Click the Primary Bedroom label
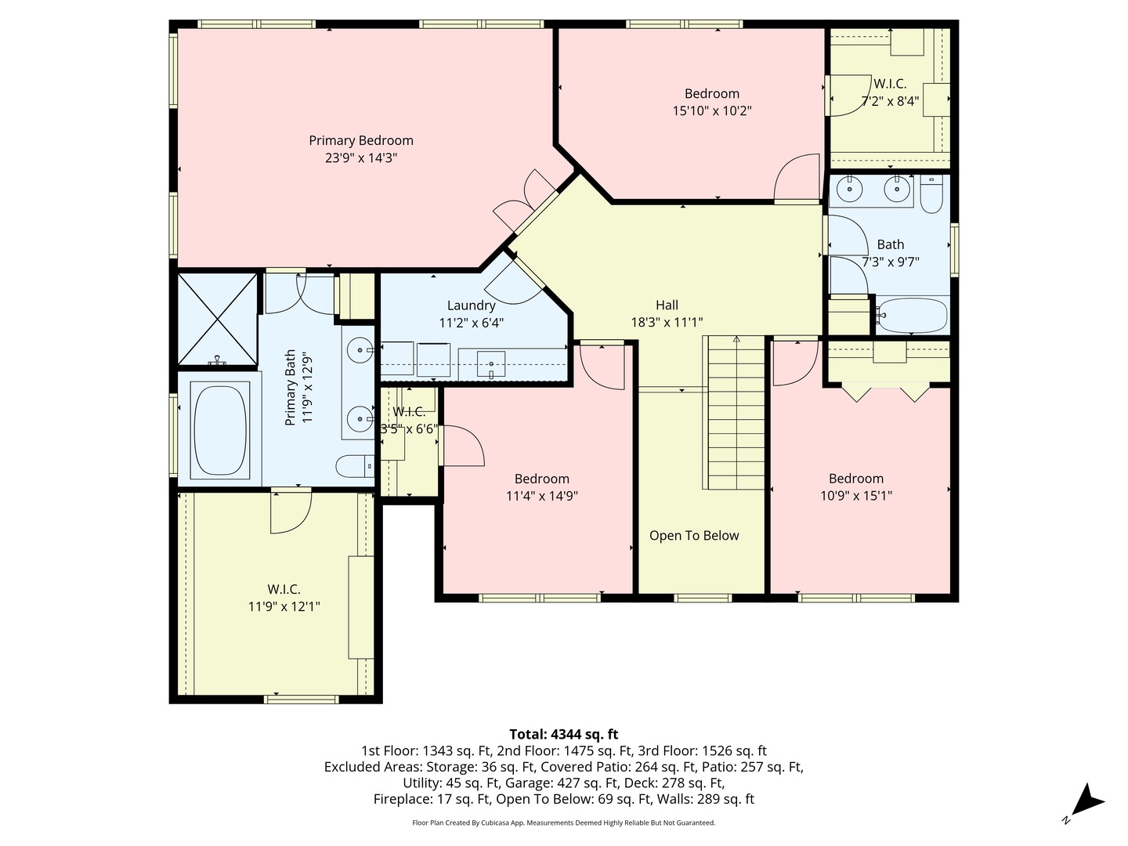pos(360,141)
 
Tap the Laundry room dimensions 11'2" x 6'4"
pos(471,322)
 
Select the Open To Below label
pos(694,536)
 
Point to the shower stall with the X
pos(217,319)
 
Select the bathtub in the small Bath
pos(912,316)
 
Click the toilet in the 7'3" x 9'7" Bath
pos(931,196)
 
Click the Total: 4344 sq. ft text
pos(563,734)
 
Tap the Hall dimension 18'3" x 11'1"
pos(667,322)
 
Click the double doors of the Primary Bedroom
pos(526,201)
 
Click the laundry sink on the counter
pos(491,364)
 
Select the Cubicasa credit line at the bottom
pos(563,822)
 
